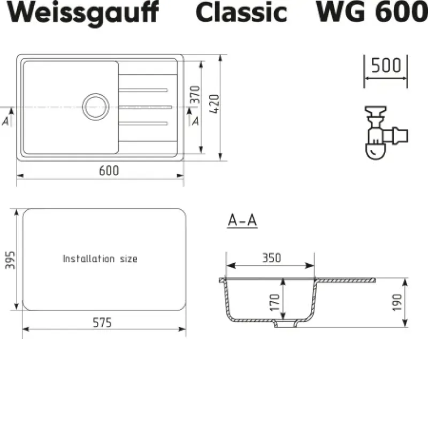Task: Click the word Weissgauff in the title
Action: (x=83, y=13)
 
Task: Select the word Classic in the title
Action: (x=241, y=12)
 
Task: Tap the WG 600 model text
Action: (x=372, y=12)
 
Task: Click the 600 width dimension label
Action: (x=109, y=171)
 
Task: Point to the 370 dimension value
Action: (x=195, y=95)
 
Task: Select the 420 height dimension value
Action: (x=215, y=104)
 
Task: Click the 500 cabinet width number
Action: (x=386, y=65)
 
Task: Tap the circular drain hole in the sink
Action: (x=96, y=106)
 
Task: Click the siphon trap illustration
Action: (x=386, y=133)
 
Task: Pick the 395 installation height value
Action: (x=10, y=260)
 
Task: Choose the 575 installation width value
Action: (x=102, y=323)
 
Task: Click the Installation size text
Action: (x=100, y=259)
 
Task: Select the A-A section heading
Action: (x=242, y=220)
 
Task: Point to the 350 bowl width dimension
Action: (x=272, y=258)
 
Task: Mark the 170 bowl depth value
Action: (x=274, y=302)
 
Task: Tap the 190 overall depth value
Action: (x=397, y=302)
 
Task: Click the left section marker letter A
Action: (x=5, y=121)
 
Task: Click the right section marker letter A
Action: (x=195, y=121)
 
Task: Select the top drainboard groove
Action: (x=143, y=90)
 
